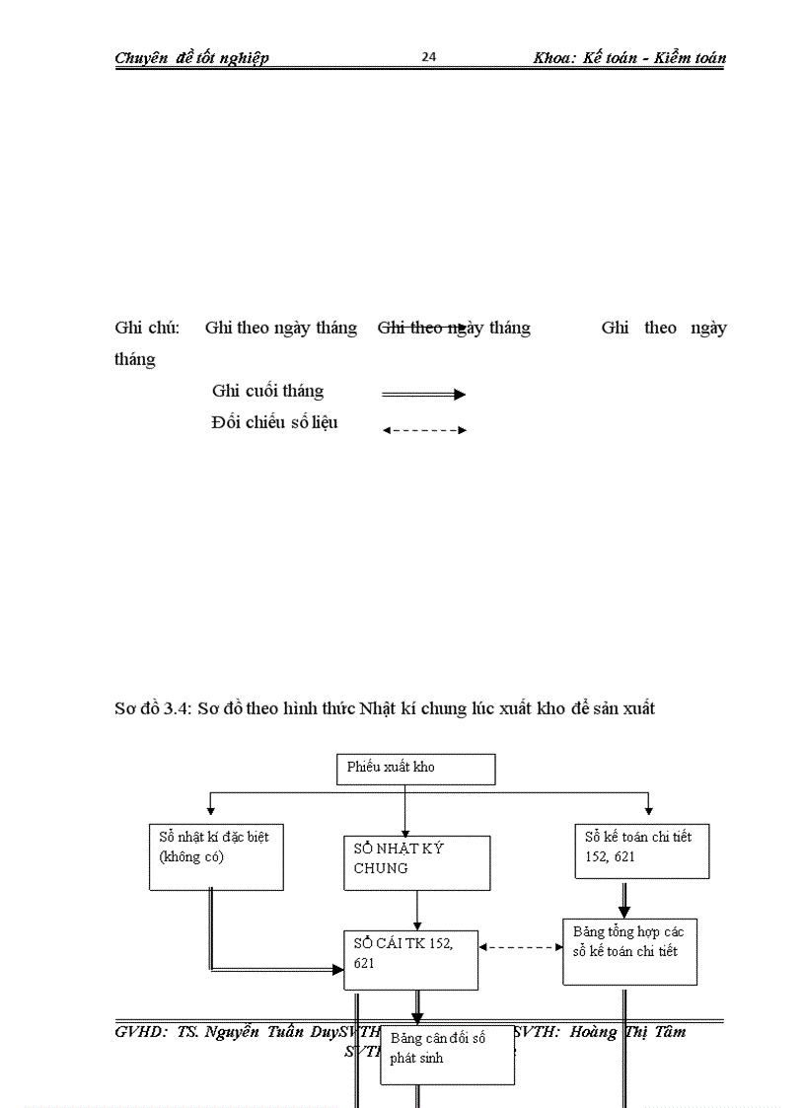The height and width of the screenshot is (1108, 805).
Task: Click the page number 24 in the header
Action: [429, 56]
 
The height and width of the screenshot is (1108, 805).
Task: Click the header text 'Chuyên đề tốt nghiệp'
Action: [191, 57]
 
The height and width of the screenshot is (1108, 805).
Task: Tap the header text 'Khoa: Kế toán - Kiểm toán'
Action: [629, 57]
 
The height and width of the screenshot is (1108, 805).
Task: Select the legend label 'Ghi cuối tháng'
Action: [267, 391]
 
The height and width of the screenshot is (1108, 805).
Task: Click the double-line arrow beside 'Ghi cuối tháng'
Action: [423, 395]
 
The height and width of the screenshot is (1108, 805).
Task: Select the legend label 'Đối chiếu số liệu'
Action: [274, 422]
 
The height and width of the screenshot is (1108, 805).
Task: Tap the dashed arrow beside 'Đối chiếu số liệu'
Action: [423, 430]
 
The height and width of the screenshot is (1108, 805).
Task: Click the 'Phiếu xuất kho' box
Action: [415, 769]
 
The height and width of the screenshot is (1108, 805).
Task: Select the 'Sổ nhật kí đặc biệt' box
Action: [216, 856]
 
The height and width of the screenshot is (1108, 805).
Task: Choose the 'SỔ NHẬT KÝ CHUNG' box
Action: [416, 862]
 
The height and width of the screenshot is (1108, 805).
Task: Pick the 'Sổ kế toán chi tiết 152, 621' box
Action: [641, 850]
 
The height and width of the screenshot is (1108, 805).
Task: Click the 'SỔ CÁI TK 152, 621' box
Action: [410, 959]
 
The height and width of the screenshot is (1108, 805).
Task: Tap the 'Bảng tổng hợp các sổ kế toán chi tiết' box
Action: [629, 951]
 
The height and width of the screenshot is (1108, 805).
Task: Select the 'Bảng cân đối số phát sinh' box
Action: [447, 1054]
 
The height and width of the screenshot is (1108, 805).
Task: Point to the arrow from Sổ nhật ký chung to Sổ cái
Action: [417, 910]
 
